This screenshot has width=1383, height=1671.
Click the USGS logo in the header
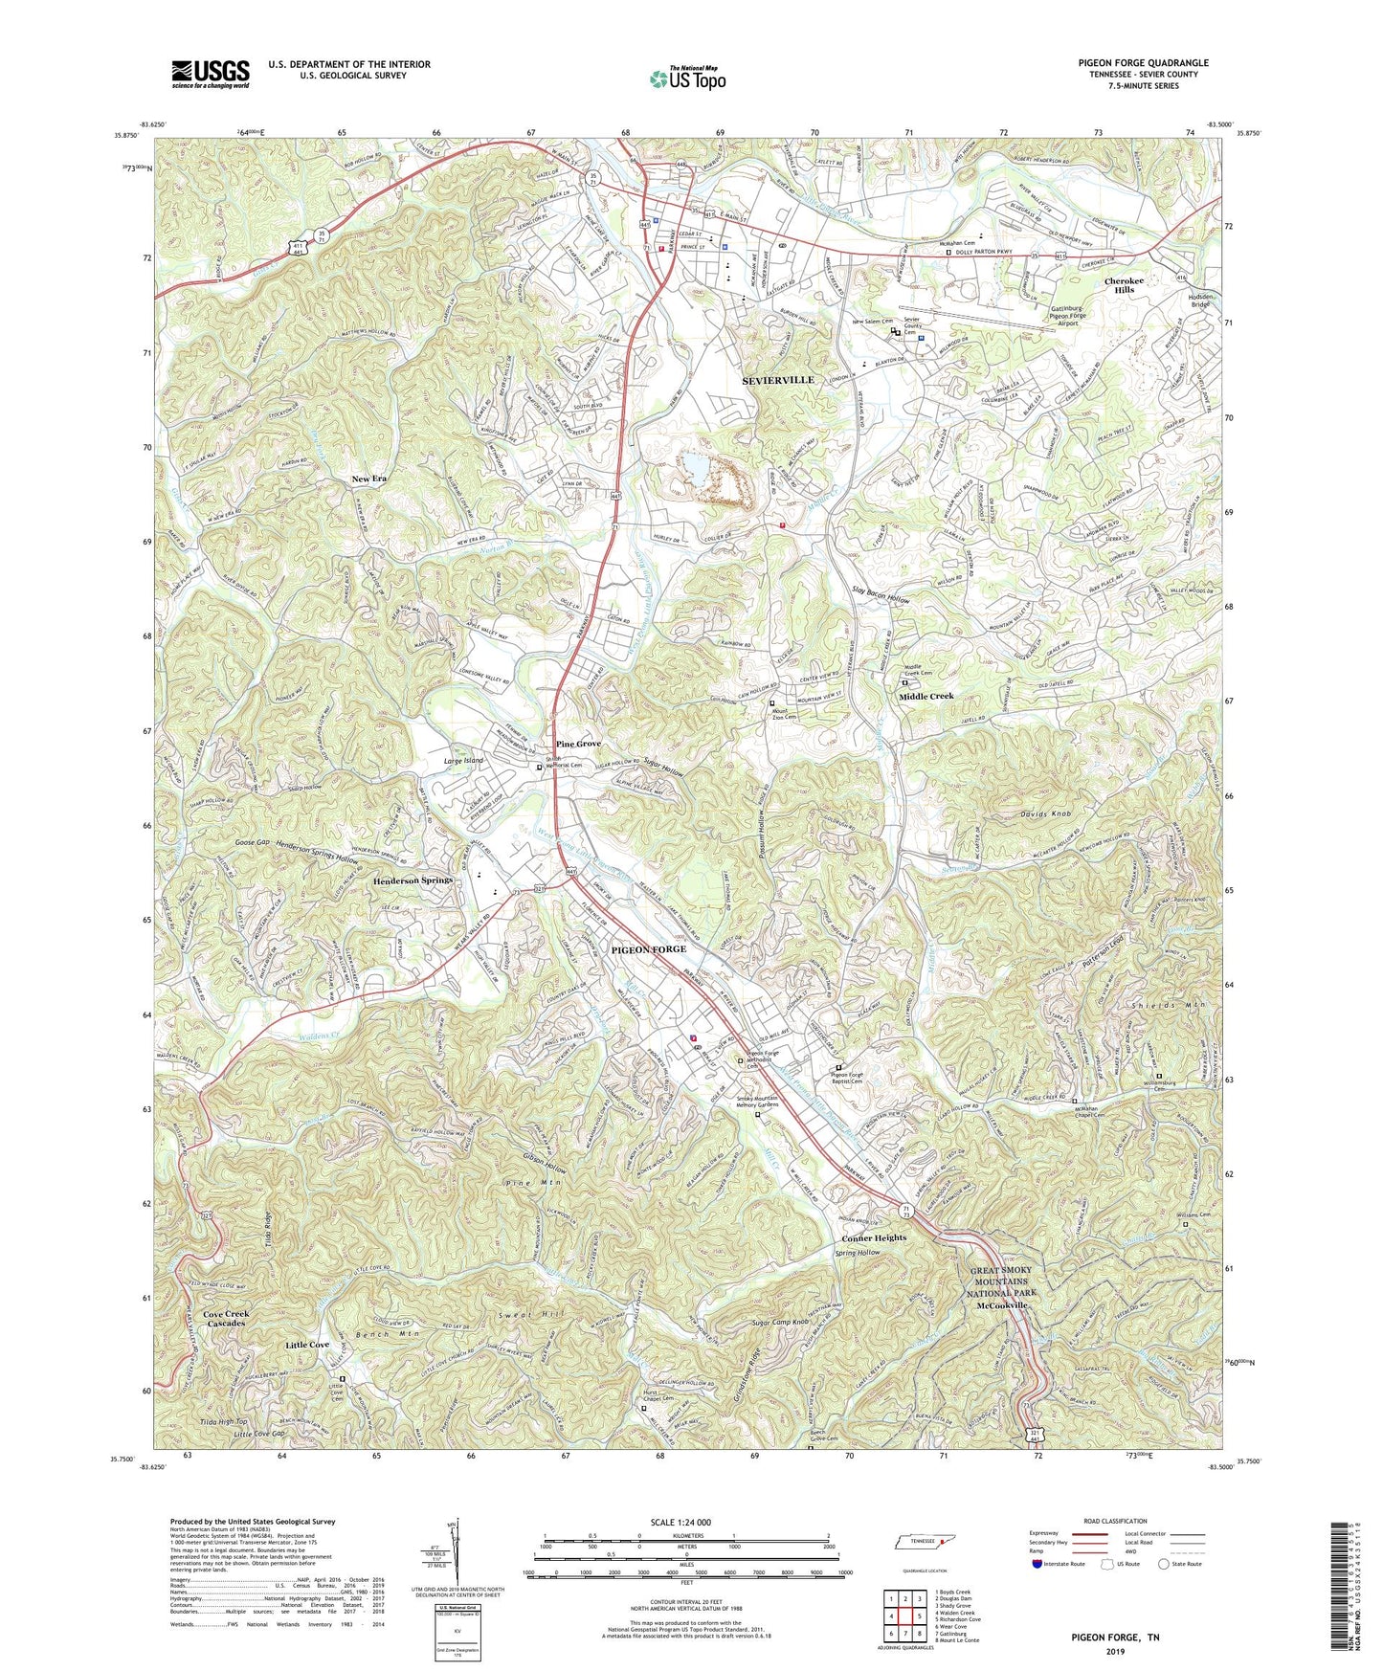coord(211,73)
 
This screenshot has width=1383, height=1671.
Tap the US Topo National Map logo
coord(686,78)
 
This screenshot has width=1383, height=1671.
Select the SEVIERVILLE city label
coord(778,380)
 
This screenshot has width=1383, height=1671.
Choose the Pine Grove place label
coord(579,744)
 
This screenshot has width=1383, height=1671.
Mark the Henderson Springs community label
coord(413,880)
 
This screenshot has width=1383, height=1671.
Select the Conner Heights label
coord(874,1237)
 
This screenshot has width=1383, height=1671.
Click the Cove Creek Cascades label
coord(226,1319)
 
